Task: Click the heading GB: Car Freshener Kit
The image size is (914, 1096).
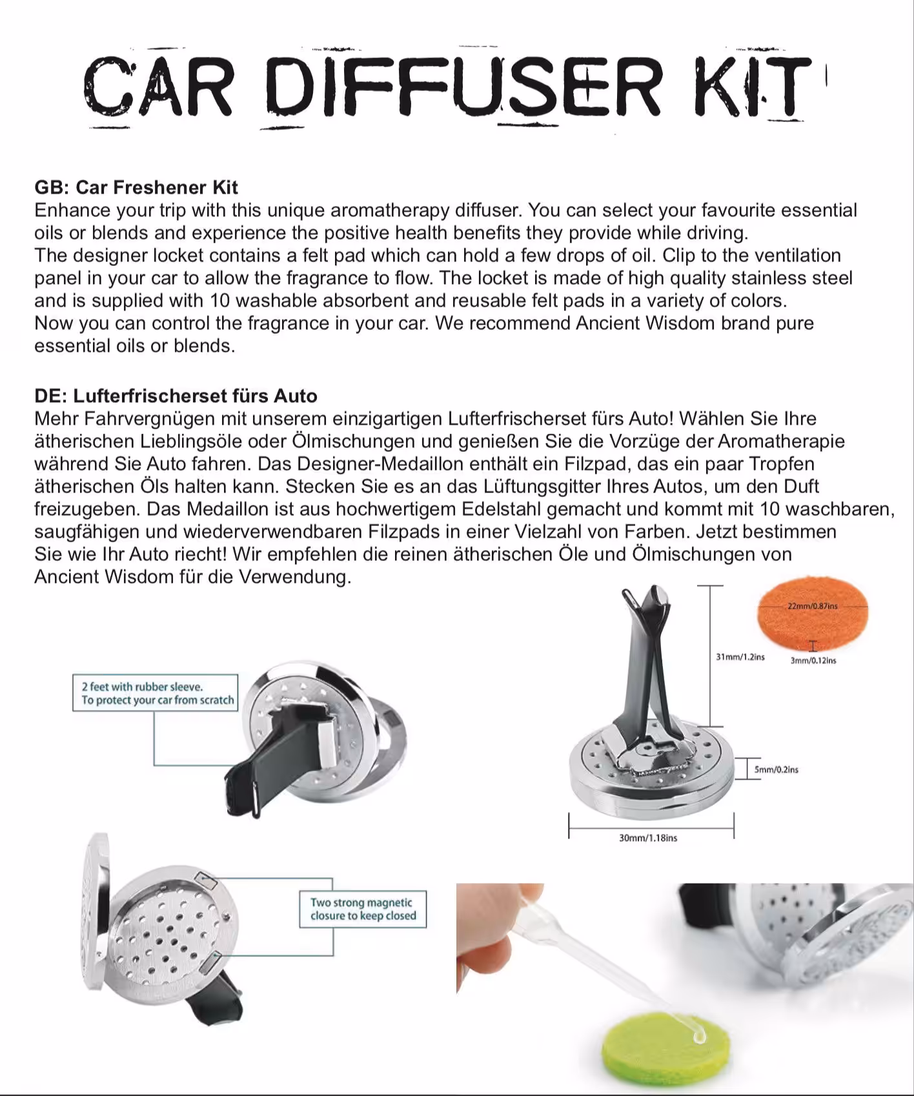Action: coord(136,187)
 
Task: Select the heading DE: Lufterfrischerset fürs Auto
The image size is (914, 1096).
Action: coord(176,396)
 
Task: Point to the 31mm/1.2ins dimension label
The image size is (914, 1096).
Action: coord(740,657)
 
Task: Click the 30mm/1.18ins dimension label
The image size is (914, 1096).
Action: coord(648,838)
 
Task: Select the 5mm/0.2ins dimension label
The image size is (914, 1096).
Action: coord(777,769)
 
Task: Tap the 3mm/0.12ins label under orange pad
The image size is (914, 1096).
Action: coord(813,660)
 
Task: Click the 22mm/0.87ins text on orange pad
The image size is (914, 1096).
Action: coord(813,606)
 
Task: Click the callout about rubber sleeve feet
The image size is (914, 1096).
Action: coord(156,693)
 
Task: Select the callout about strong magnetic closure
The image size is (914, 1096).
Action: coord(363,909)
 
